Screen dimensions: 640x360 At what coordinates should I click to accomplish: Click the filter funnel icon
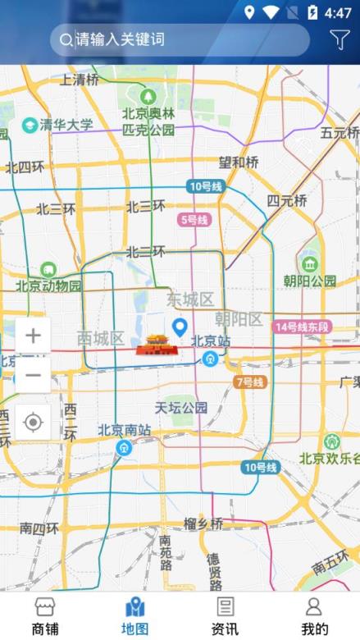tap(339, 39)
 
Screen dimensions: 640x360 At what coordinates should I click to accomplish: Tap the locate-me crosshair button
tap(33, 422)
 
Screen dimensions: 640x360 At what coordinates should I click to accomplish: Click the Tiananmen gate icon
tap(156, 345)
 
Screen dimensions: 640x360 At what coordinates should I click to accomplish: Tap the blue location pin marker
tap(180, 329)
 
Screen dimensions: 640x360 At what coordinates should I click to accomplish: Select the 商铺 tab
tap(45, 616)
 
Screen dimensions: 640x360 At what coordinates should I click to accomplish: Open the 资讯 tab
tap(225, 616)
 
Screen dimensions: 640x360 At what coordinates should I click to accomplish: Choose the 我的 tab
tap(314, 616)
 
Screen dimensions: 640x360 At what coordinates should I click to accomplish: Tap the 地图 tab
tap(134, 616)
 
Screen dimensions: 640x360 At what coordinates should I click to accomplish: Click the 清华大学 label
tap(66, 125)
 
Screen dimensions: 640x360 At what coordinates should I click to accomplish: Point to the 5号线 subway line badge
tap(194, 220)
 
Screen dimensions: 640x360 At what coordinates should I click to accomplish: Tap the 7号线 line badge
tap(250, 382)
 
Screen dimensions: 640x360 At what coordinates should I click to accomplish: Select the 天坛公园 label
tap(181, 407)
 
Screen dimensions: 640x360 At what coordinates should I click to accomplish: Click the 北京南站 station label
tap(124, 429)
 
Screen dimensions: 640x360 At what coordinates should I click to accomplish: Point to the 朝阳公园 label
tap(310, 281)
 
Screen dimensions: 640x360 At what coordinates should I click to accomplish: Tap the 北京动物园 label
tap(49, 286)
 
